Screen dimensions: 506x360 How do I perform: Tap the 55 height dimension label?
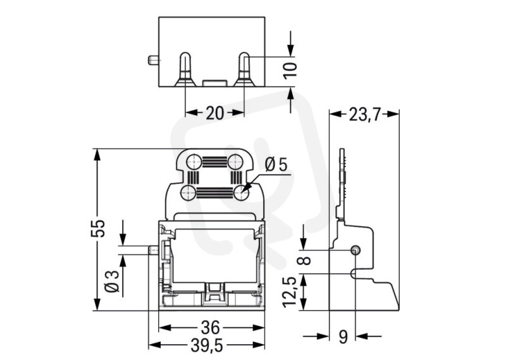coord(98,228)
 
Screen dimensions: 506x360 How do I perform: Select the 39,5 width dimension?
coord(207,346)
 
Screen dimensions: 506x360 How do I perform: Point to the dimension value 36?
coord(211,328)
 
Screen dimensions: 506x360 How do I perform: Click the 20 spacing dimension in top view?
coord(215,113)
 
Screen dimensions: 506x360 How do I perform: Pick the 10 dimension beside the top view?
coord(290,70)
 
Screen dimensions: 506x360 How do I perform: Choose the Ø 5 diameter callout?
coord(276,164)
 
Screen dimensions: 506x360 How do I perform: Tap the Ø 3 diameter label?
coord(112,282)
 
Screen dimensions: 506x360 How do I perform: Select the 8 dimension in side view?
coord(305,261)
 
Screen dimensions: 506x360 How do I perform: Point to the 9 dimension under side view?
coord(343,337)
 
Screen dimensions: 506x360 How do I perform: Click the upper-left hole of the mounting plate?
coord(194,161)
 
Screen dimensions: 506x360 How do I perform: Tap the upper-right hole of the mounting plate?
coord(235,161)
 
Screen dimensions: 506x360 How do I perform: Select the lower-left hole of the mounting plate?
coord(188,193)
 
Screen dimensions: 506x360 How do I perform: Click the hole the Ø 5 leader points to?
coord(242,193)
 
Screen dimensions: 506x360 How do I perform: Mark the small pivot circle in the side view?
coord(355,250)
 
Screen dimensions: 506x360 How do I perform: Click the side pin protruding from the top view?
coord(153,60)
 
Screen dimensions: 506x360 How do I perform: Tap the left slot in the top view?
coord(185,70)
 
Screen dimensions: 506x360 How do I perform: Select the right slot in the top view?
coord(244,70)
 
